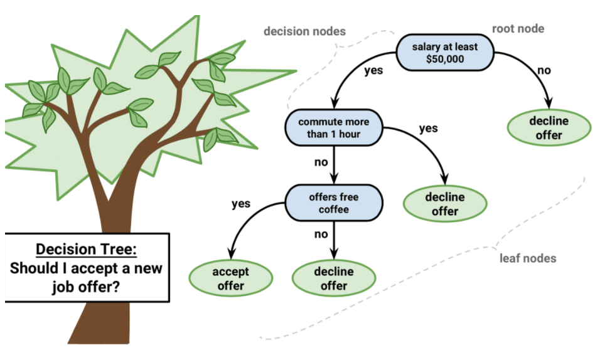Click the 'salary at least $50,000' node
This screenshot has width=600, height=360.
[445, 53]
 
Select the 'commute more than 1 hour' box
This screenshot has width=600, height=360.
[333, 127]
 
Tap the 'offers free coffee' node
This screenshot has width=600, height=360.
[333, 202]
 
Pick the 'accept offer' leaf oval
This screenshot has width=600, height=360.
[230, 278]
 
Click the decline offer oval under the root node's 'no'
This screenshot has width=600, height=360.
[549, 127]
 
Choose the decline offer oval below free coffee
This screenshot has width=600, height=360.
[334, 278]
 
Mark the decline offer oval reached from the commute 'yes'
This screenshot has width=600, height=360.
[444, 204]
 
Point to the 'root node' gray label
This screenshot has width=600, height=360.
[518, 29]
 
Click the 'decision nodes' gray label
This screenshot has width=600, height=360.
[304, 31]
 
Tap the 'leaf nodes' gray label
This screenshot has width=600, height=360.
[527, 258]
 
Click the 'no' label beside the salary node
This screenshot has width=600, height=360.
[544, 70]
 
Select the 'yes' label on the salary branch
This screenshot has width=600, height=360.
[373, 70]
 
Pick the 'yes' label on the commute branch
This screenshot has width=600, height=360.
[428, 129]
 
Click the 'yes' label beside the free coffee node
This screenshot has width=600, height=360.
[240, 203]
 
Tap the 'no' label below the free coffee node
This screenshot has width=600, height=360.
[321, 235]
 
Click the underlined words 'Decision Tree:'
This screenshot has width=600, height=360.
[86, 249]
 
